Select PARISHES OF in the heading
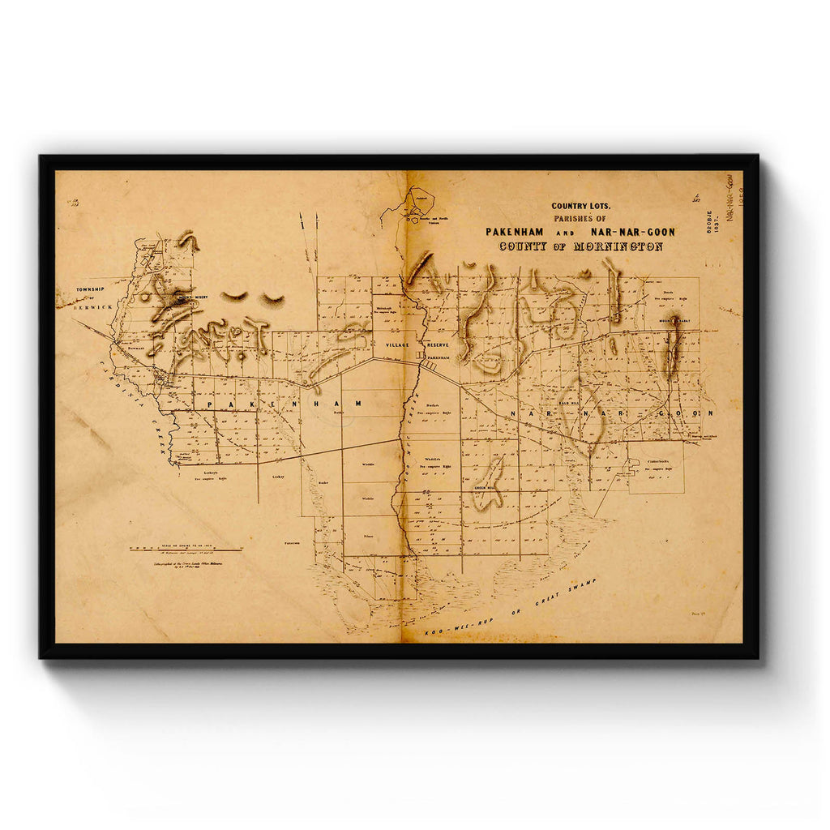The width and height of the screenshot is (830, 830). click(x=580, y=218)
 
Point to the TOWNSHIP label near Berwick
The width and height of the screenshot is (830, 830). click(x=92, y=289)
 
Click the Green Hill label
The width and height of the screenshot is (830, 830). click(x=485, y=488)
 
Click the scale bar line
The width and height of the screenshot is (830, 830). click(x=186, y=550)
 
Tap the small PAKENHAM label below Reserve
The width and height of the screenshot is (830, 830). click(x=438, y=357)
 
